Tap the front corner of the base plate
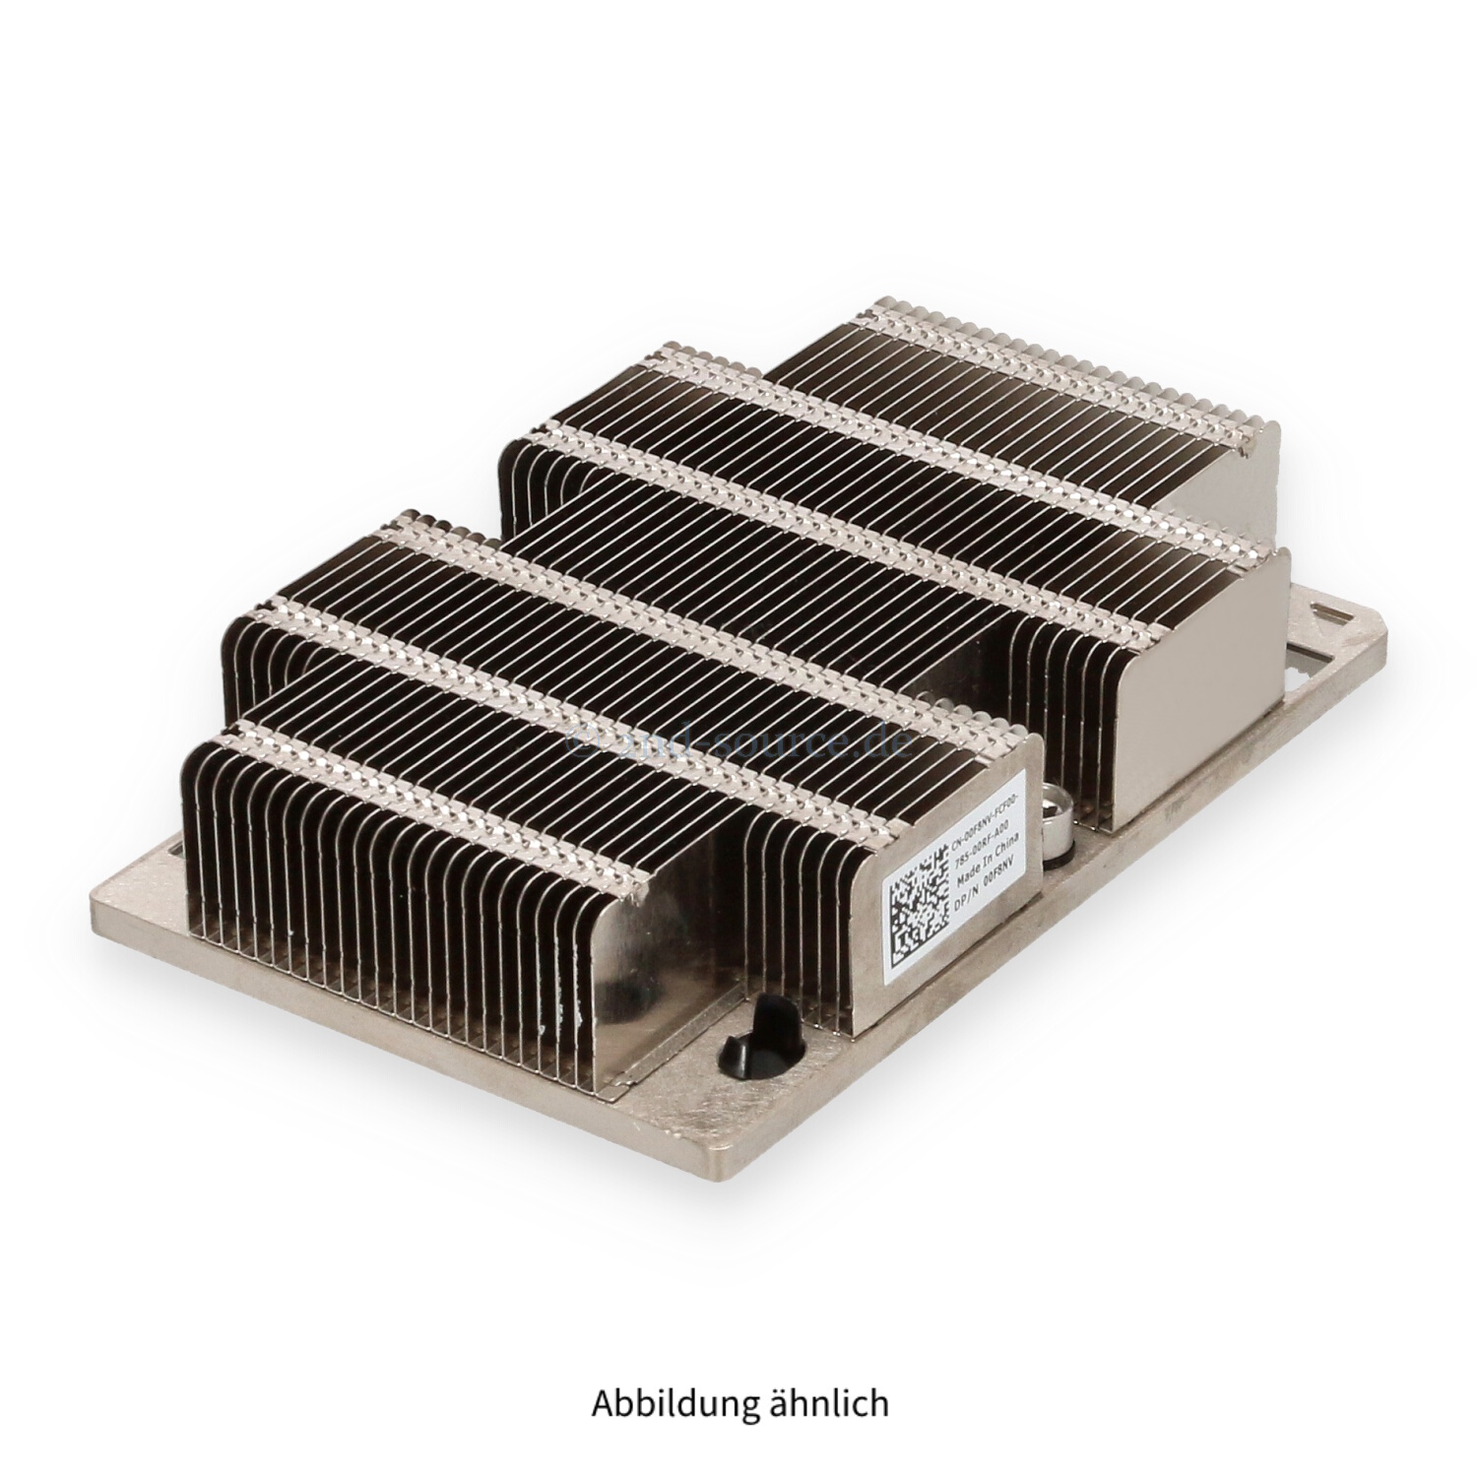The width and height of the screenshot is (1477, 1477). point(734,1172)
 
